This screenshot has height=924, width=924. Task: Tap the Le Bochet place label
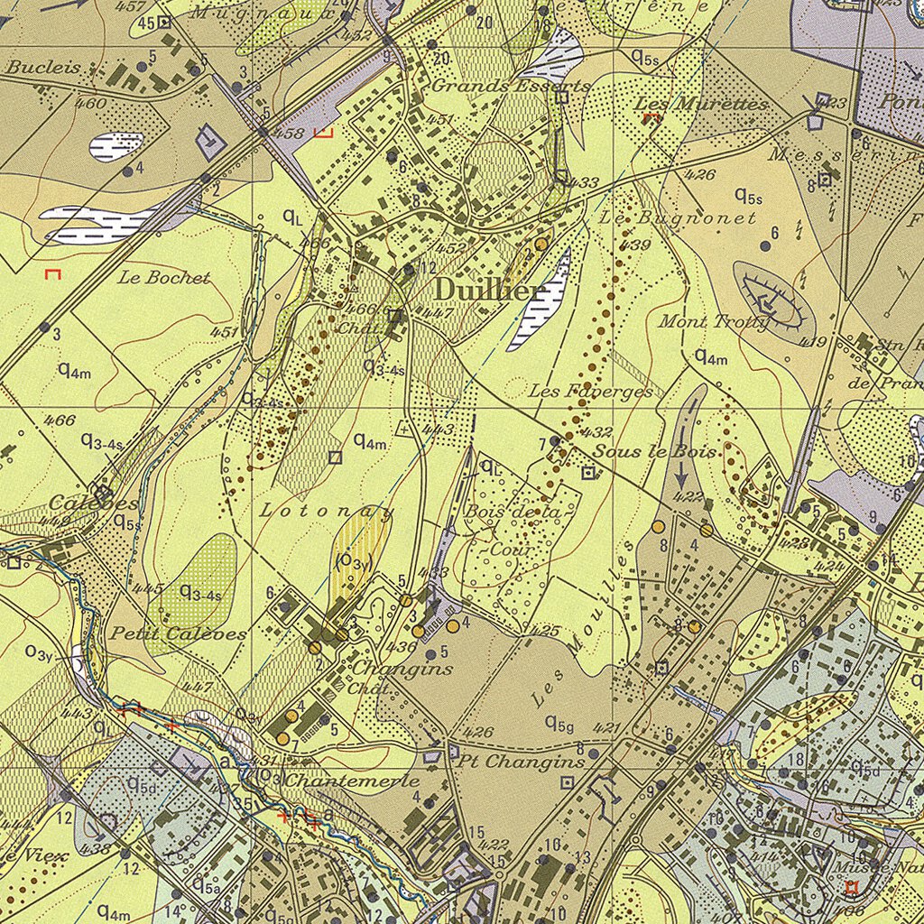(164, 277)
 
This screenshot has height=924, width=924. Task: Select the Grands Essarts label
(511, 87)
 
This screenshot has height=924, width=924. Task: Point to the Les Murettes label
(701, 104)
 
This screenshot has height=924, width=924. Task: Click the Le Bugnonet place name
(677, 217)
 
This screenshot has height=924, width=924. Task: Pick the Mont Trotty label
(715, 321)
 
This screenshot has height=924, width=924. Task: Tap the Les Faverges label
(591, 391)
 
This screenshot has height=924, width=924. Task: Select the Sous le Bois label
(655, 451)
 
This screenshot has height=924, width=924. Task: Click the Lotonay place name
(327, 511)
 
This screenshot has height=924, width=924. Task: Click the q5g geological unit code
(559, 721)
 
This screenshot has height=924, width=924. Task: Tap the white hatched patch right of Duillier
(542, 301)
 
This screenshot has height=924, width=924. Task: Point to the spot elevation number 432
(599, 431)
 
